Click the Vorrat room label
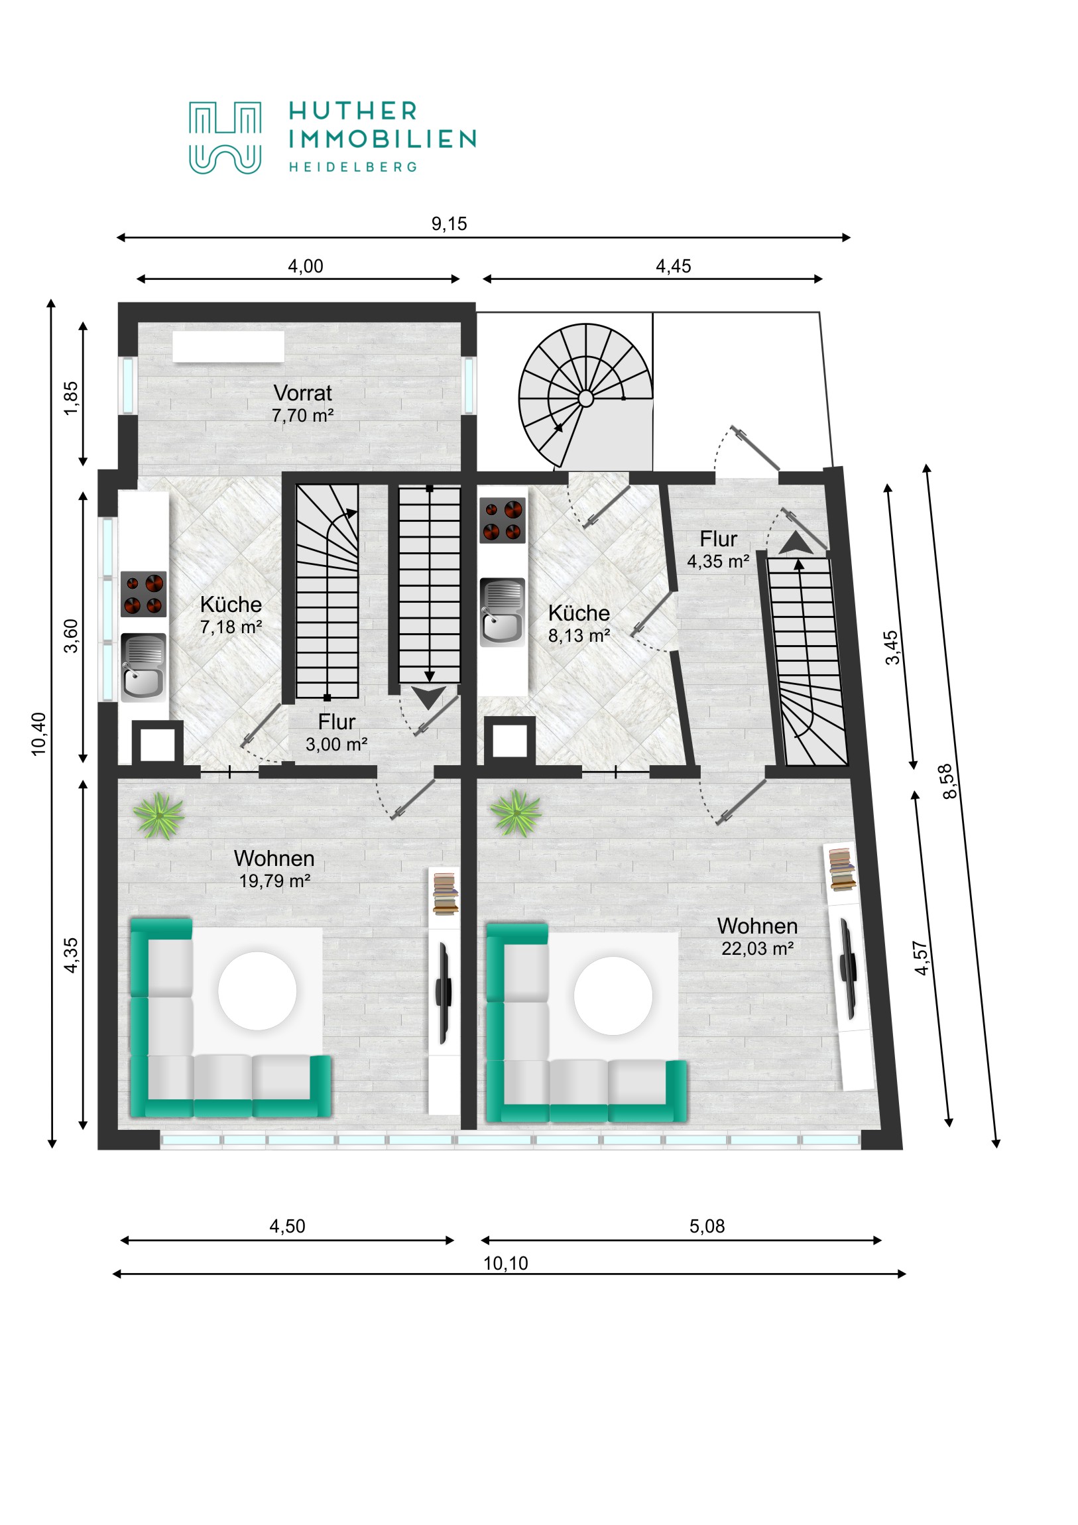click(302, 393)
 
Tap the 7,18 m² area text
click(231, 627)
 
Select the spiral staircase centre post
click(585, 398)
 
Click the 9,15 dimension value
click(449, 224)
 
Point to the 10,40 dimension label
click(39, 733)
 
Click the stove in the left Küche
click(143, 594)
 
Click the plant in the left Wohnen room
click(158, 816)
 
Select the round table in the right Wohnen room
click(613, 996)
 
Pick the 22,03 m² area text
click(757, 948)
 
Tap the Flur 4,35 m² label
click(718, 549)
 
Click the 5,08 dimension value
click(707, 1226)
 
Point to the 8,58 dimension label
click(950, 781)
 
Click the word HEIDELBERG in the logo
click(353, 166)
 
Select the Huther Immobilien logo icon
click(225, 137)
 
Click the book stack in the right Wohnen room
click(841, 869)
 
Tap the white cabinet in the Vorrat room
click(228, 347)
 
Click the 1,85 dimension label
click(70, 398)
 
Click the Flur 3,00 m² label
click(336, 733)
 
